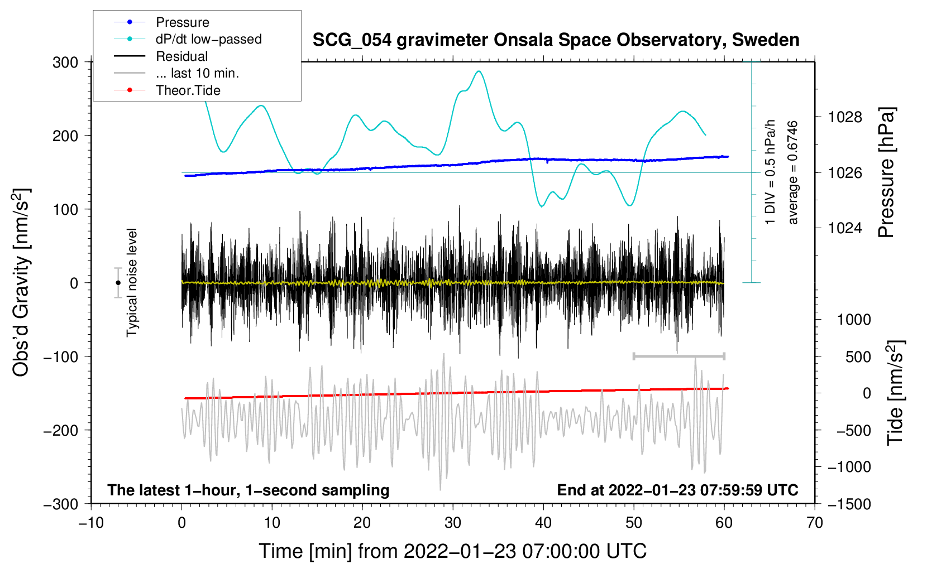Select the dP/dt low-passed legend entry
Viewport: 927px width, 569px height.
point(208,39)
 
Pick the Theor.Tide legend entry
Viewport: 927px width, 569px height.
point(188,90)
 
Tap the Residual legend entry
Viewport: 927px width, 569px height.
point(181,56)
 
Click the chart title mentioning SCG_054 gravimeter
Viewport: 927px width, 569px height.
point(556,40)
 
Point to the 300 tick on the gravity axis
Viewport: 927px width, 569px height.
point(65,62)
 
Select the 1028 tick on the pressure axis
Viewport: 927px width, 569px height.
point(845,117)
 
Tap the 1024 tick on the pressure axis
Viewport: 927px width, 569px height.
point(845,228)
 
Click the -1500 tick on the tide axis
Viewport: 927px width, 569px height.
point(849,504)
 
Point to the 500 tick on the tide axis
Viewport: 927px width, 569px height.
point(858,356)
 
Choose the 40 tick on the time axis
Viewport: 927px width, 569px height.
point(543,523)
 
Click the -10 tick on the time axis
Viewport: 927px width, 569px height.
point(91,523)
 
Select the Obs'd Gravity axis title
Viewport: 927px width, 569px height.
point(21,282)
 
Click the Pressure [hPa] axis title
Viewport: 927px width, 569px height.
point(887,173)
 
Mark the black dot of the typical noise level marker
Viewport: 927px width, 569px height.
point(118,283)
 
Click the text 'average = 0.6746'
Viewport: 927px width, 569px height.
point(793,173)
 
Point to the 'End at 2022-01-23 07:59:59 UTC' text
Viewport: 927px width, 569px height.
point(677,490)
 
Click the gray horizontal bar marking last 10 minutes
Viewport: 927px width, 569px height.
point(678,356)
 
